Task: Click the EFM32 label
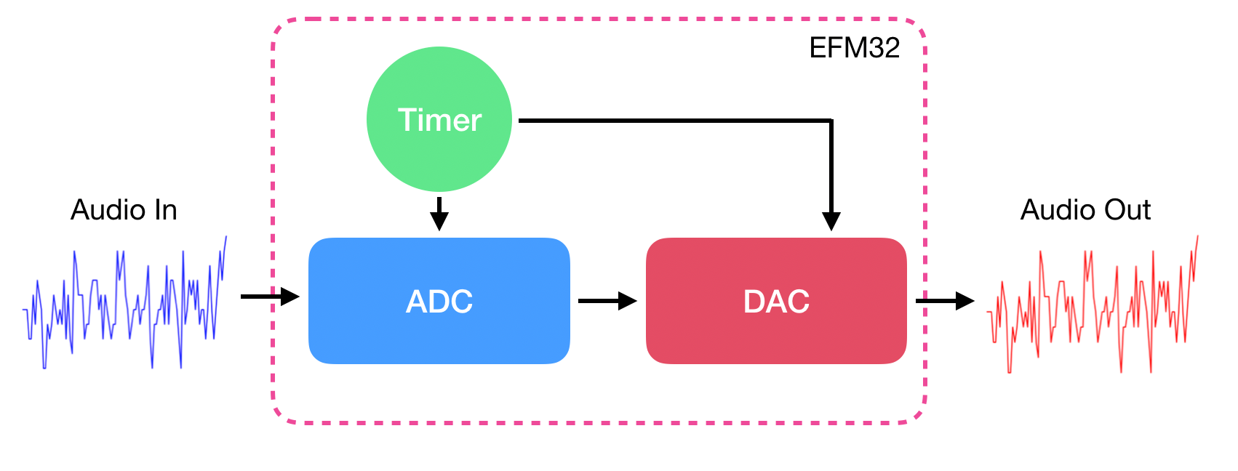point(854,48)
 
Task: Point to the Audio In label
point(124,210)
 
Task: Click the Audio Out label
point(1085,210)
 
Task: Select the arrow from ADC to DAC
point(607,300)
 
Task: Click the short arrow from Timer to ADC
point(439,213)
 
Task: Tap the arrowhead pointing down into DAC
point(831,221)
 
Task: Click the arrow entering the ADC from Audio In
point(269,296)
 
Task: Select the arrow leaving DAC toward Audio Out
point(944,300)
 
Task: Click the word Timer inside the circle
point(439,121)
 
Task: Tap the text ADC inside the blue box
point(439,301)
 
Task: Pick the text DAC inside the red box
point(776,301)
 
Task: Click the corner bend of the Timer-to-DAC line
point(831,121)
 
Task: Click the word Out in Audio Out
point(1127,210)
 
